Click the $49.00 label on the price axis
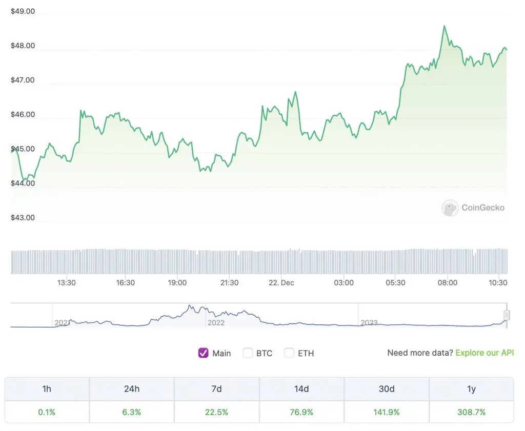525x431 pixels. pos(23,11)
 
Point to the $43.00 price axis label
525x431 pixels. pos(23,218)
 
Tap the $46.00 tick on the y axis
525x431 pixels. pos(23,115)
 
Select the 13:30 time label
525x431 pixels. pos(67,283)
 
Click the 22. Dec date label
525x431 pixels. pos(281,283)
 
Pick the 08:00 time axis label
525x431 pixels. pos(448,283)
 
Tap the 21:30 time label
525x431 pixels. pos(229,283)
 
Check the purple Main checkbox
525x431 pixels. pos(204,353)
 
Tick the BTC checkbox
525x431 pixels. pos(248,353)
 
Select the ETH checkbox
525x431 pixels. pos(290,353)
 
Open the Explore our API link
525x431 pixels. pos(484,353)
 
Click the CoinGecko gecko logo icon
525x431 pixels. pos(450,208)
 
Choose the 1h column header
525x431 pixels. pos(47,389)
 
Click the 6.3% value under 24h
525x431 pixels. pos(132,412)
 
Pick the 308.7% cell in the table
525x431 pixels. pos(471,412)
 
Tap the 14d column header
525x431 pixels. pos(301,389)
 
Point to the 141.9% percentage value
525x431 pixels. pos(386,412)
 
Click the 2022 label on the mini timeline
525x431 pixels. pos(216,323)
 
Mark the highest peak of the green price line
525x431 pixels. pos(444,26)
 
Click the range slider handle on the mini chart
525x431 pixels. pos(507,315)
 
